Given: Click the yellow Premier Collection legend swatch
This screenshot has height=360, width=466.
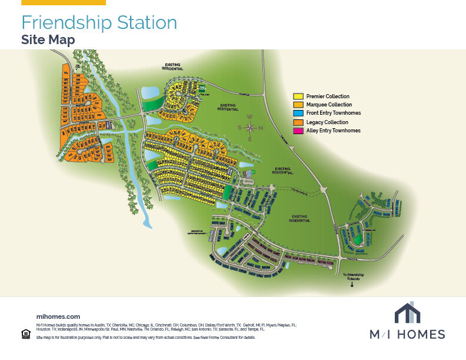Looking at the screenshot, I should (298, 96).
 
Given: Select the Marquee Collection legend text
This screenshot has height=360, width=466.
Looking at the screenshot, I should (329, 105).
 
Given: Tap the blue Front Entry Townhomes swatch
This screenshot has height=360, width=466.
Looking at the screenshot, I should (298, 113).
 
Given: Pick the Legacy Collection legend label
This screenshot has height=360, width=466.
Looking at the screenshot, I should (327, 122).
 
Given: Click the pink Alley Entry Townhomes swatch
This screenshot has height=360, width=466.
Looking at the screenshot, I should (298, 131).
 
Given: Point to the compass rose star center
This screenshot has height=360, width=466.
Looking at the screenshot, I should (250, 128).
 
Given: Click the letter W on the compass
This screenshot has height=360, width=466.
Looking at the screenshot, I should (250, 117).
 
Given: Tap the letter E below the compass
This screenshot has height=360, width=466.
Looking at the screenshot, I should (250, 139).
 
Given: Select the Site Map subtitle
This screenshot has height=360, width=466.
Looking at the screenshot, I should (48, 39).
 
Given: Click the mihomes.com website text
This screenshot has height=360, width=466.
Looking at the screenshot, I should (58, 316).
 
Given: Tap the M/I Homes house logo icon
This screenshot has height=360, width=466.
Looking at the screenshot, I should (407, 313).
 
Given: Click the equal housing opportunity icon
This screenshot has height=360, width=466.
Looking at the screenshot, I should (25, 334).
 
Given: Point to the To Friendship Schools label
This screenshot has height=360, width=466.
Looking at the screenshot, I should (353, 276).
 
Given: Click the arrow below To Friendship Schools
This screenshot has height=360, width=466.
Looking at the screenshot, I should (352, 285).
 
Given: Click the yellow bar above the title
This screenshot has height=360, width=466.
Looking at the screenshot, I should (63, 2).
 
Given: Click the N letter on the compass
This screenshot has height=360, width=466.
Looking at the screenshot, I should (261, 128).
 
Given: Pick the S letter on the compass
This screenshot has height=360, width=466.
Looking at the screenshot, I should (239, 128).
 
